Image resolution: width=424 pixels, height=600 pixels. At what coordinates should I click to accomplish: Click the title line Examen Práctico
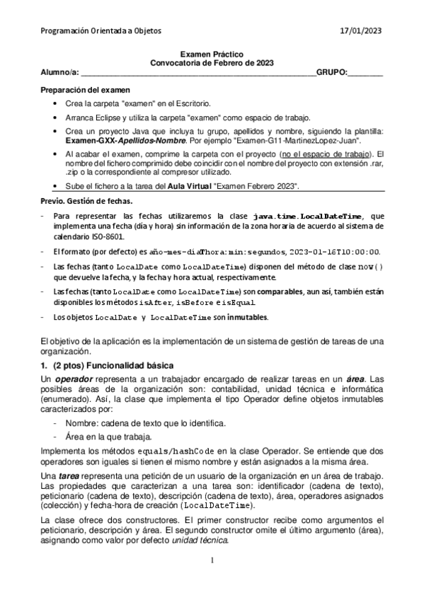point(212,54)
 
